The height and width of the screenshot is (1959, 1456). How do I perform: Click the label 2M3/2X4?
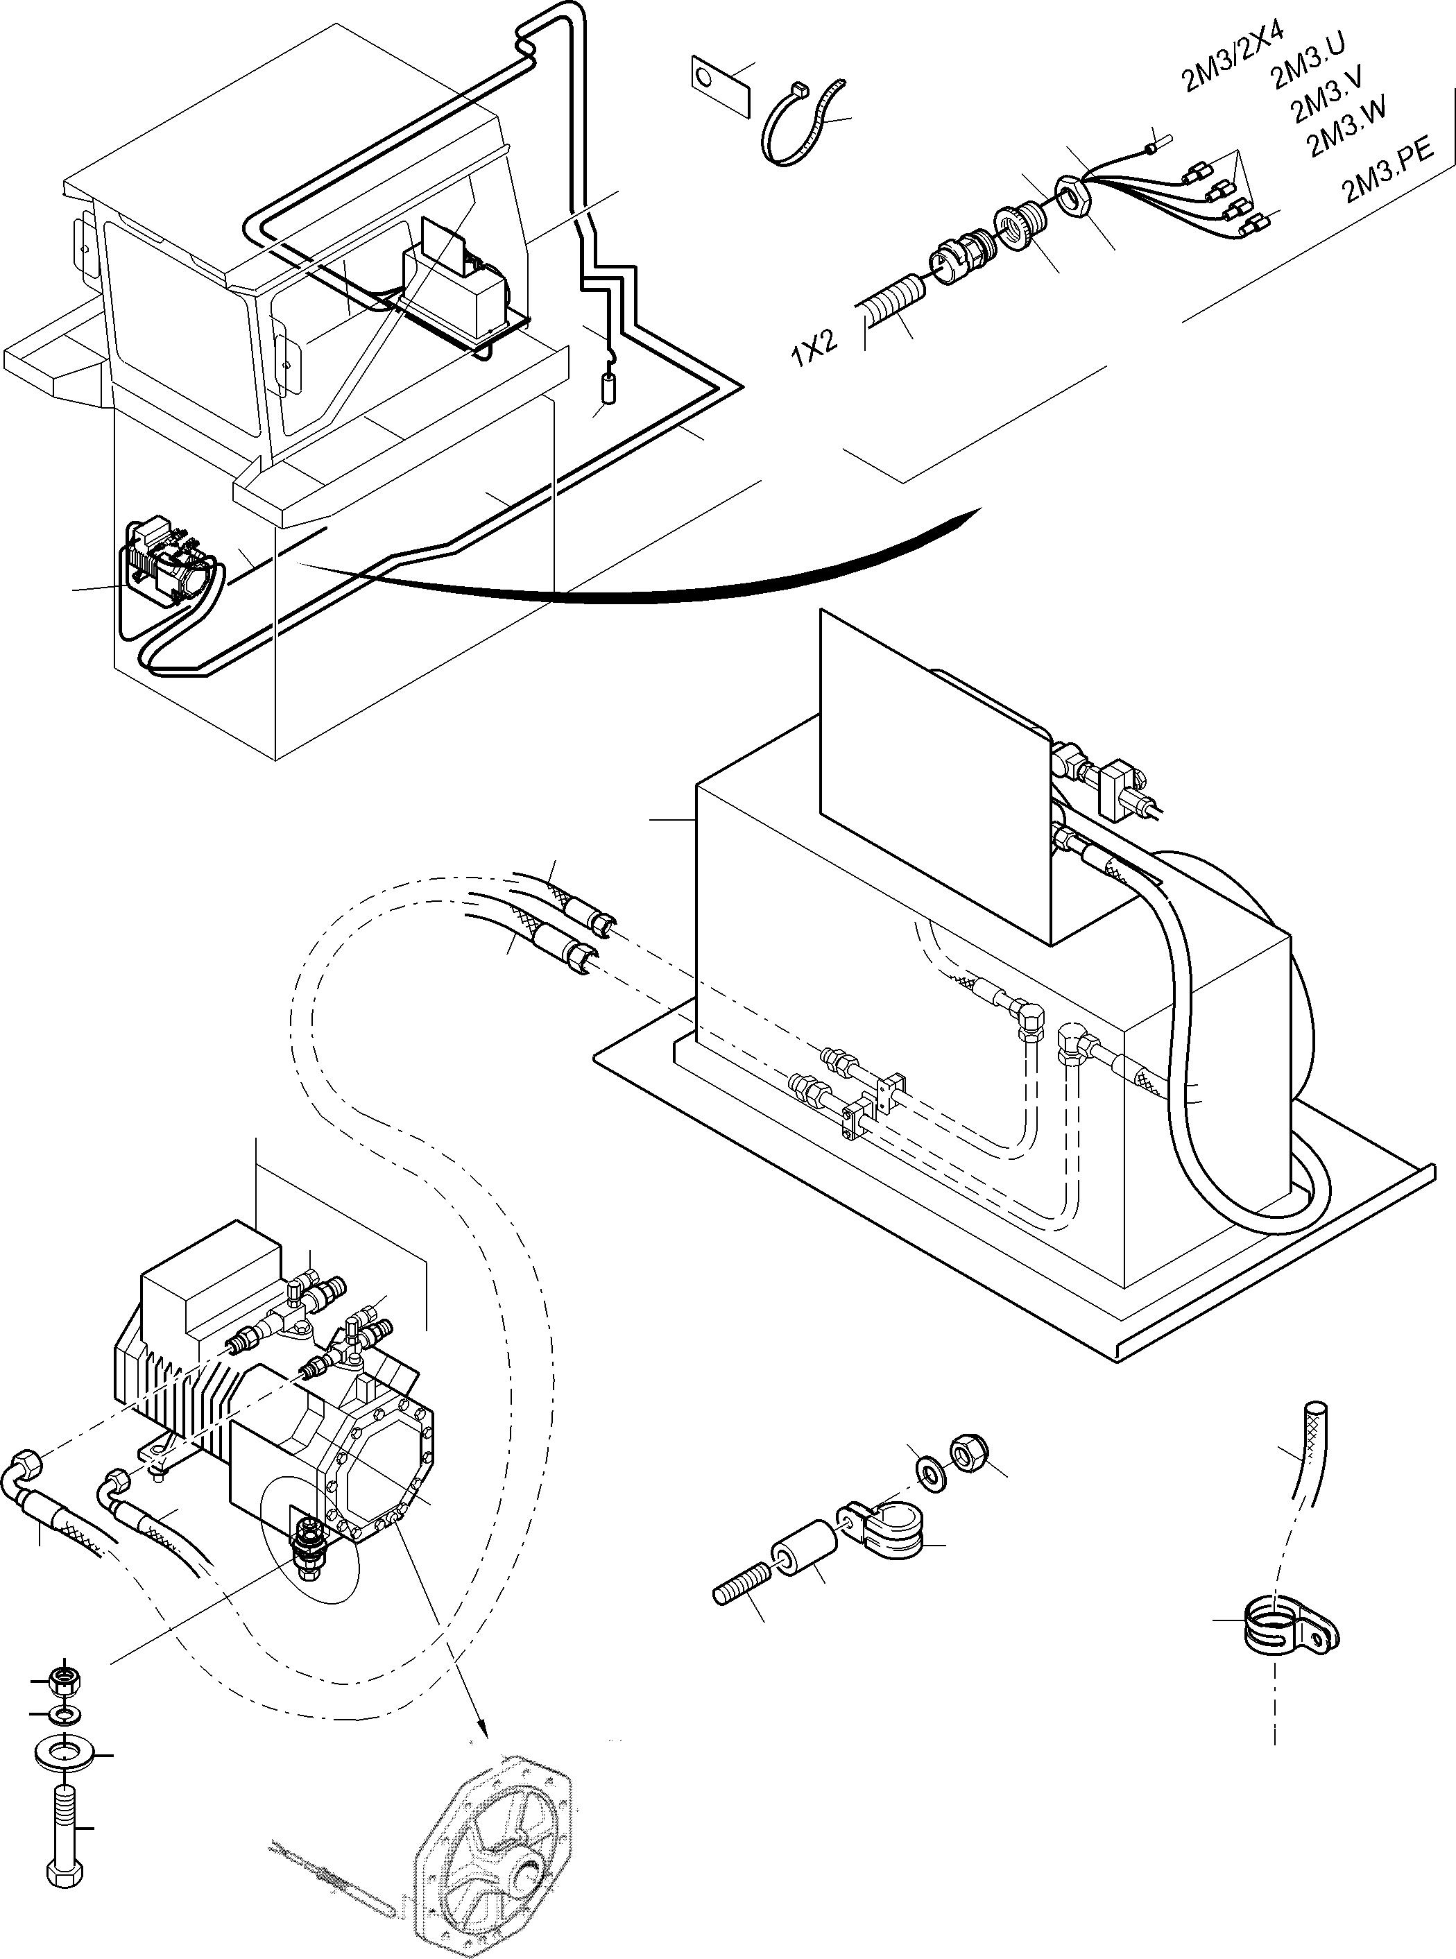point(1231,55)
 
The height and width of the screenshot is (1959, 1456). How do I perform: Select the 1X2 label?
point(814,348)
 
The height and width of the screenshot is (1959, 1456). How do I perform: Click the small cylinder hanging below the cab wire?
point(607,388)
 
